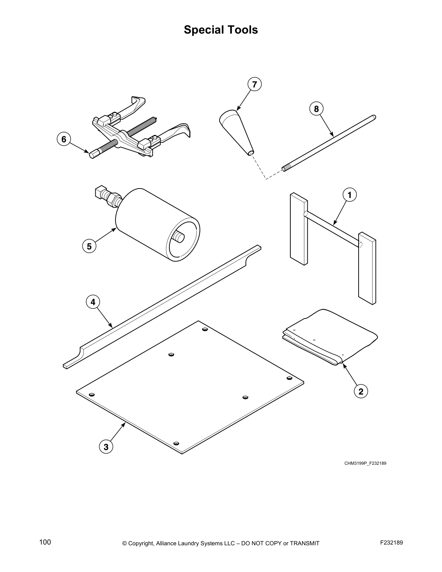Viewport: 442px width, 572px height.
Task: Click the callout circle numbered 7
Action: pos(255,84)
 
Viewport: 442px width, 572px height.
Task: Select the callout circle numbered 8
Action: pos(316,109)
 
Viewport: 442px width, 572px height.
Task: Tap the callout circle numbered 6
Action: pos(64,139)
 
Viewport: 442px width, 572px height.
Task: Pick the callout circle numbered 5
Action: pos(89,246)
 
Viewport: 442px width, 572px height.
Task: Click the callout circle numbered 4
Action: pos(93,302)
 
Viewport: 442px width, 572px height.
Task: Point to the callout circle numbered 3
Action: pos(106,447)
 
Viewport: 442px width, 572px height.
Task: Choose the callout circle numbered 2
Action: pos(361,391)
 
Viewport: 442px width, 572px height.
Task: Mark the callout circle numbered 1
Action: pos(350,195)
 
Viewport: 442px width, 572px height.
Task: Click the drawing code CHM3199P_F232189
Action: pos(365,463)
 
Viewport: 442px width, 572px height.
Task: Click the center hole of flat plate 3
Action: pos(172,355)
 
